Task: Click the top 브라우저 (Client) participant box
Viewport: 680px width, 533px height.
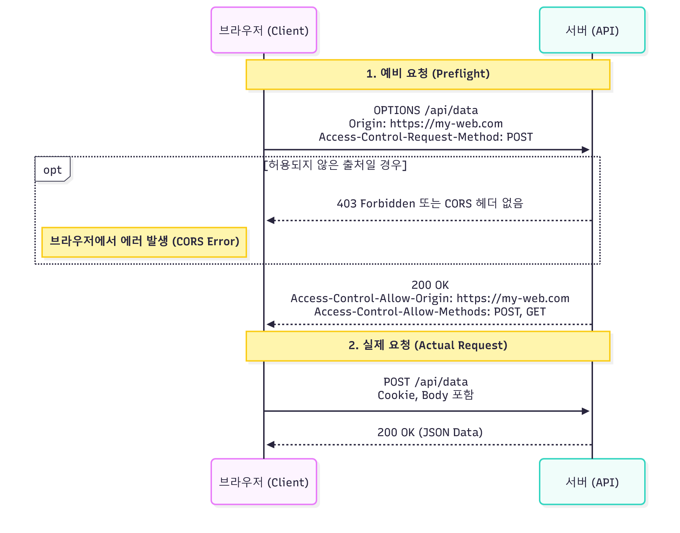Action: coord(264,30)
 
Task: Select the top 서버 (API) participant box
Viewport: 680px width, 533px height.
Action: coord(592,30)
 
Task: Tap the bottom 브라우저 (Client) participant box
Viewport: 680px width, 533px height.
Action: coord(264,481)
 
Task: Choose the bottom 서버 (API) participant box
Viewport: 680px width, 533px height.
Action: coord(592,481)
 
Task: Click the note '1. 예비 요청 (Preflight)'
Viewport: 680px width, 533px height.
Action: coord(428,74)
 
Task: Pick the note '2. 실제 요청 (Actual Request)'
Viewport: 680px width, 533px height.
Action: coord(428,346)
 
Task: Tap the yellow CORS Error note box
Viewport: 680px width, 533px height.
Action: coord(144,242)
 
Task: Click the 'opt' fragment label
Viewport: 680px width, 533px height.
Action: coord(53,170)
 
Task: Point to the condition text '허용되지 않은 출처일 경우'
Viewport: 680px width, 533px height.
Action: coord(335,165)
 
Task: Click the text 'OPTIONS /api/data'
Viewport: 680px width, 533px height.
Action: coord(426,111)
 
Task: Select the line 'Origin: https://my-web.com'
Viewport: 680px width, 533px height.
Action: coord(426,124)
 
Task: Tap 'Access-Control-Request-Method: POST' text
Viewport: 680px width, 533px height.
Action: coord(426,137)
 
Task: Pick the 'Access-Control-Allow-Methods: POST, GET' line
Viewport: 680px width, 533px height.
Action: coord(430,312)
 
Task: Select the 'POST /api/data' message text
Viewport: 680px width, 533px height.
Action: coord(426,382)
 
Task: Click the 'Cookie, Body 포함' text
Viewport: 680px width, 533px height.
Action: coord(426,395)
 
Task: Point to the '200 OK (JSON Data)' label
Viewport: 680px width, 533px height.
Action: coord(430,432)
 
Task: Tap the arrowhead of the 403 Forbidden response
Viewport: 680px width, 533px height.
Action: coord(271,220)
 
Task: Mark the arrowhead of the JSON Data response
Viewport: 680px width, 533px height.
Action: coord(271,445)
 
